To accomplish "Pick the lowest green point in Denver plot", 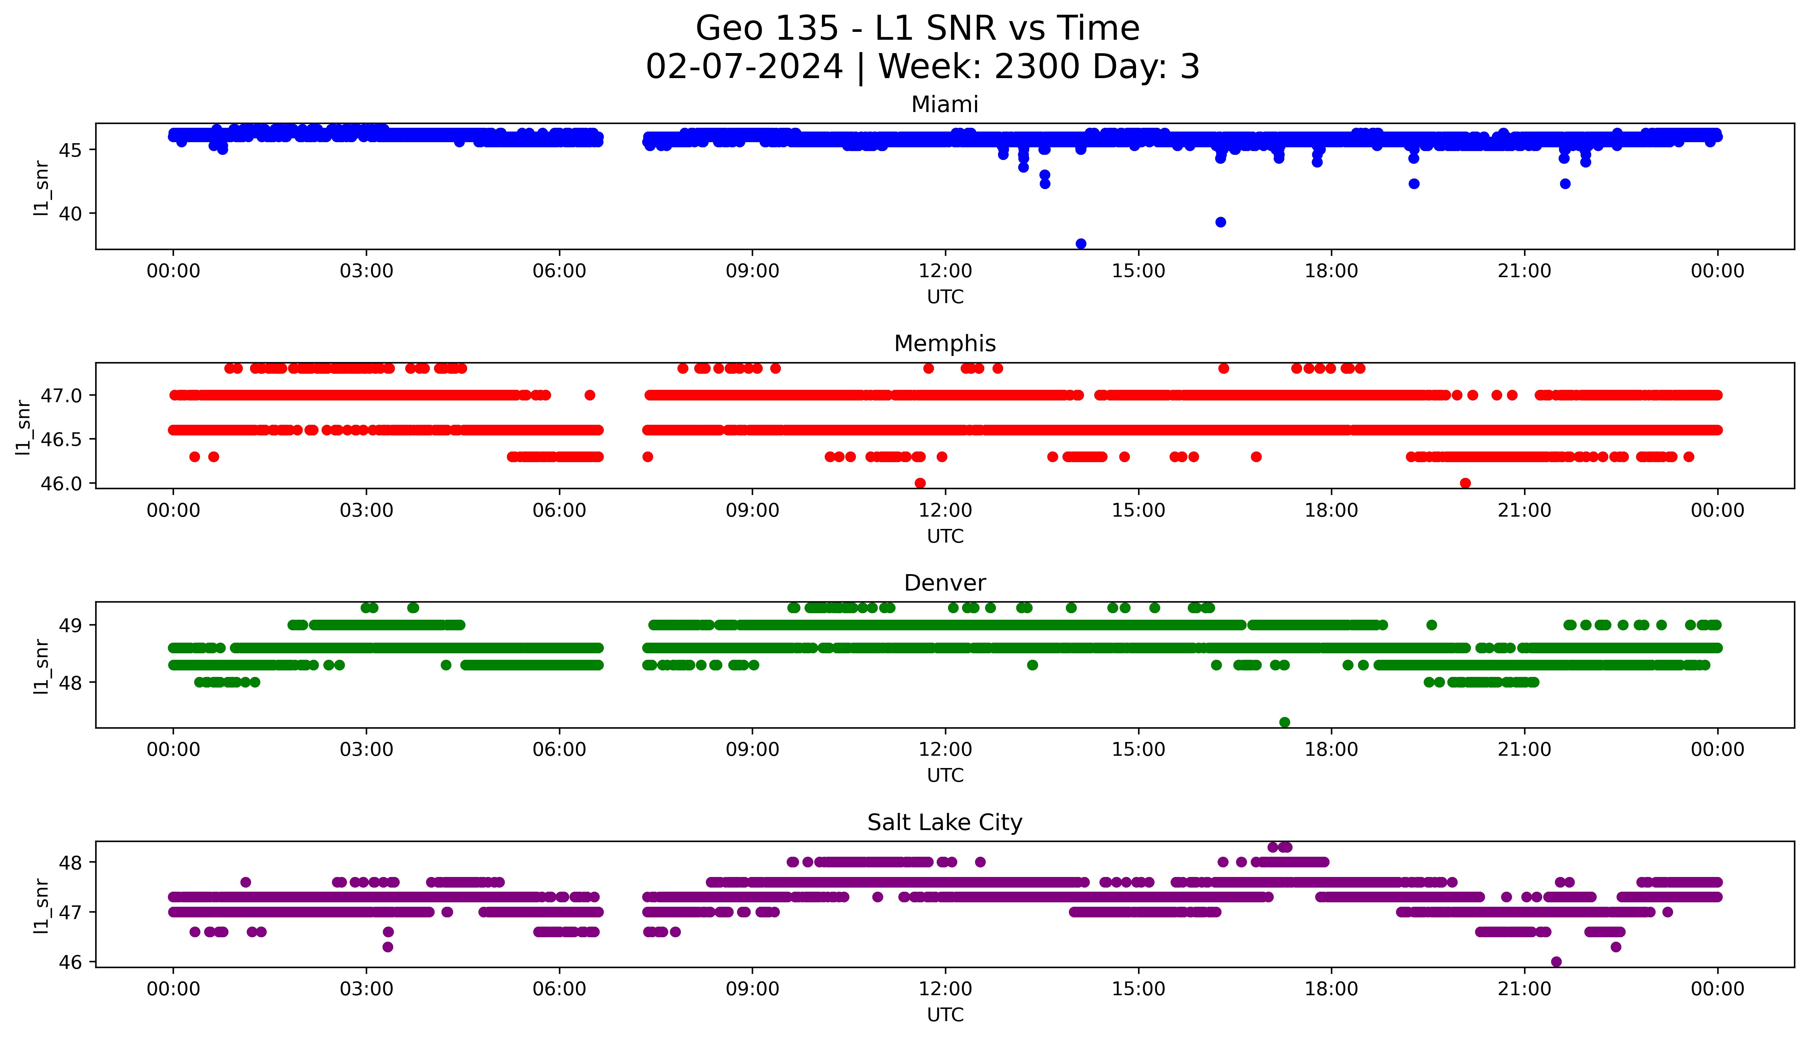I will pos(1284,722).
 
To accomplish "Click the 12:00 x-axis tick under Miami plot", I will pos(945,271).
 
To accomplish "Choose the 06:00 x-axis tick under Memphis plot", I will pos(559,510).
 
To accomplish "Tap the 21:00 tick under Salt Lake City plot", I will pos(1524,989).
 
